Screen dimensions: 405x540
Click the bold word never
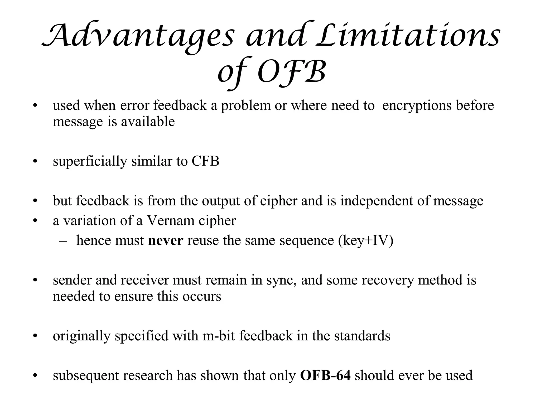166,240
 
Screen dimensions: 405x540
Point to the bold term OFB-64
325,375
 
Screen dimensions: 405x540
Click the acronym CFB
205,161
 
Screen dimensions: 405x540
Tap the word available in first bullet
148,122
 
